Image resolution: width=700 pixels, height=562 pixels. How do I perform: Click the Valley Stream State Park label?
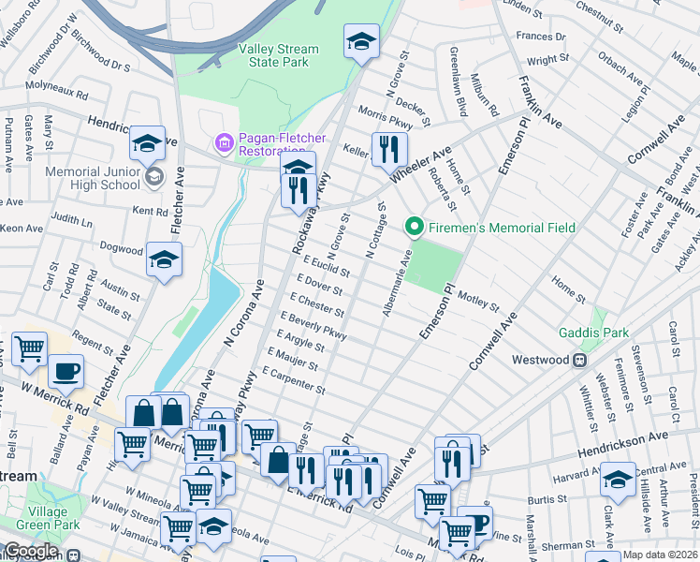coord(278,55)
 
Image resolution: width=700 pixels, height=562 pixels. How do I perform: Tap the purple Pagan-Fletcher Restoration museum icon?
coord(224,143)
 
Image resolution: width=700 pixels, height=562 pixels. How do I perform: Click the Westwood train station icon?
coord(580,360)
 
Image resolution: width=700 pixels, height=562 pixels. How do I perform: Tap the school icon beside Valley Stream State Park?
coord(361,42)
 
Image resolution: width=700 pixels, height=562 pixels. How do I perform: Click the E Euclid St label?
coord(326,266)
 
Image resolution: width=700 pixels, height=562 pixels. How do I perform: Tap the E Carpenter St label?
coord(294,379)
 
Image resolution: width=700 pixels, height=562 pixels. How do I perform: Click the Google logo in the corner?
coord(31,551)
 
